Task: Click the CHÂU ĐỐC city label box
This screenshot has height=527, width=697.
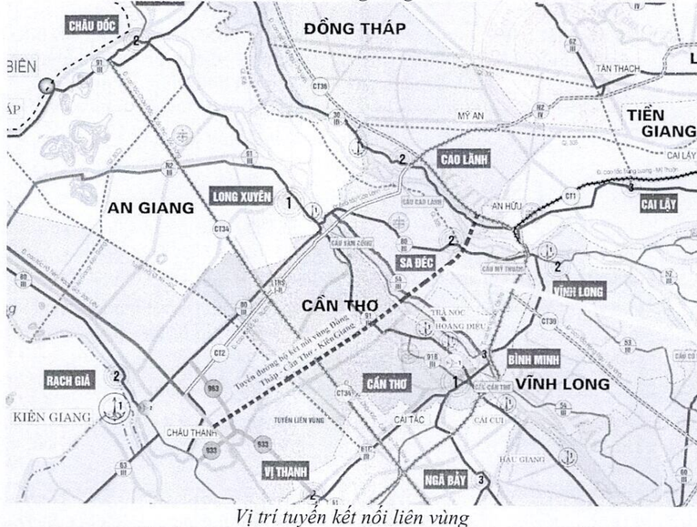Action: coord(93,25)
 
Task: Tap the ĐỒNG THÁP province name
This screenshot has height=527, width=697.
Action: coord(355,29)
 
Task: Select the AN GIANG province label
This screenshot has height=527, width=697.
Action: coord(150,208)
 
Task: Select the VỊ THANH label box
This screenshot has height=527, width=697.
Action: coord(285,471)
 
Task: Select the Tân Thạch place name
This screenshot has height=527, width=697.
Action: coord(617,69)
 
